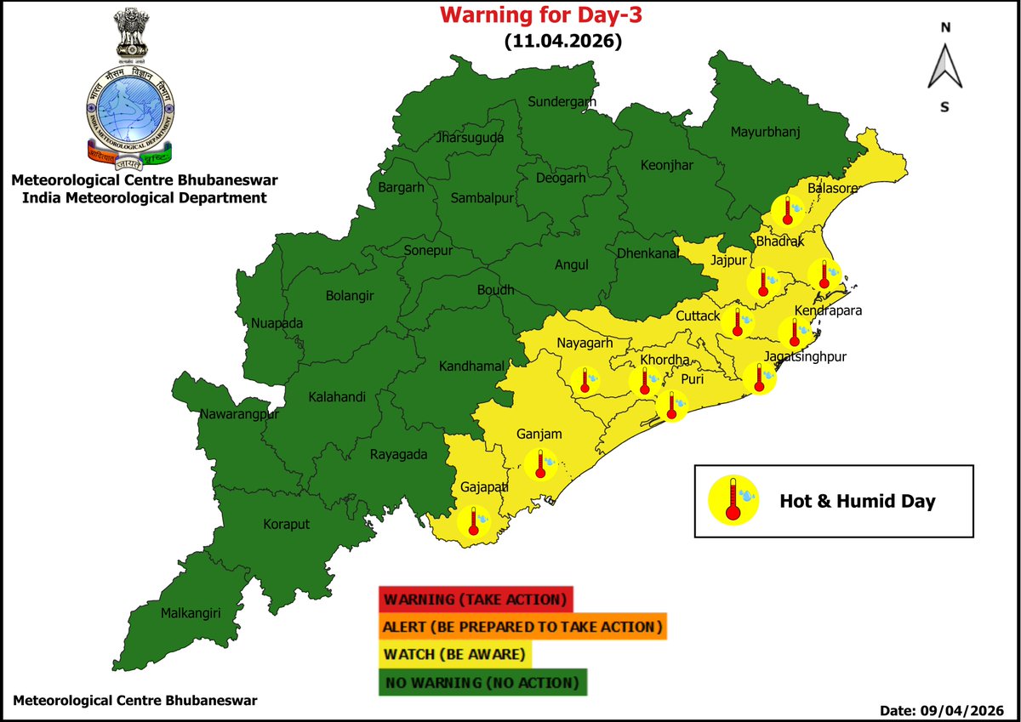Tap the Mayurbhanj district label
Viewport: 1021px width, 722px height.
point(767,132)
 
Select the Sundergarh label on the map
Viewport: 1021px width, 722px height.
point(562,102)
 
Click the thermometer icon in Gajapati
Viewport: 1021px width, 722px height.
point(474,520)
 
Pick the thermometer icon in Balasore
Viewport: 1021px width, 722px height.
point(789,209)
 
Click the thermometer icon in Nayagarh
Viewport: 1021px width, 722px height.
point(585,379)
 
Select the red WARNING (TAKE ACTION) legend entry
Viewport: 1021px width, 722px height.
point(476,599)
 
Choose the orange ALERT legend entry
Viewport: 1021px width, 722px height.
point(522,627)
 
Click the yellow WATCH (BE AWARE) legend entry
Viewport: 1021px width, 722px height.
point(455,655)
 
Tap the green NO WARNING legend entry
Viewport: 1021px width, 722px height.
point(482,683)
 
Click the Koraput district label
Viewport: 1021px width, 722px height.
point(285,525)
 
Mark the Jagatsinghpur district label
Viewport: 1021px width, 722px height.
point(805,356)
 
